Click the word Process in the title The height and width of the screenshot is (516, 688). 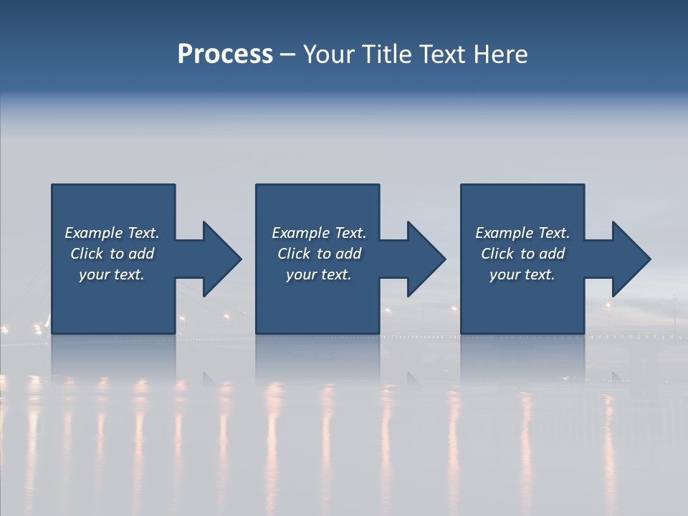225,54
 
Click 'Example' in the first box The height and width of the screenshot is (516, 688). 93,233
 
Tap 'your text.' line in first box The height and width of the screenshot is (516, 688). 112,274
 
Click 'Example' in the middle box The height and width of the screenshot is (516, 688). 300,233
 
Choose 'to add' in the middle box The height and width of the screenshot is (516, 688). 338,254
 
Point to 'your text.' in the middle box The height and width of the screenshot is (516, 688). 319,274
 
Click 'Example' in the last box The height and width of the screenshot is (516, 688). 504,233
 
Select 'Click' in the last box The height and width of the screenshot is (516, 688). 497,254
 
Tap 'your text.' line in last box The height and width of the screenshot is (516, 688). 522,274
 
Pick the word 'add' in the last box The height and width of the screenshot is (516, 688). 552,254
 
